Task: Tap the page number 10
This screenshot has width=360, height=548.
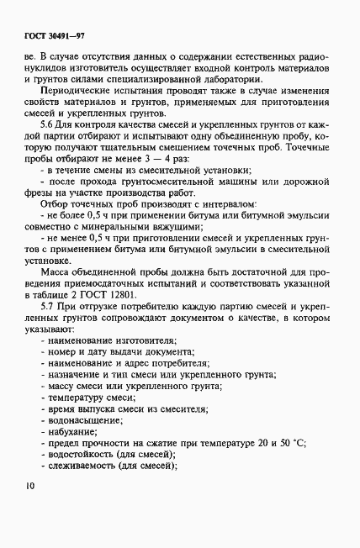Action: (x=31, y=508)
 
